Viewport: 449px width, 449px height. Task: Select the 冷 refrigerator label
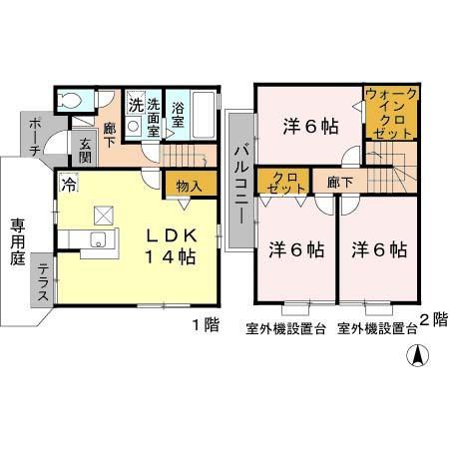pos(69,183)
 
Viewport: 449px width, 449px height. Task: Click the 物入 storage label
pos(189,186)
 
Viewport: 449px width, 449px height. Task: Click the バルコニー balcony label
pos(241,181)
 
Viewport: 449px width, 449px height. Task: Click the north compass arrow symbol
pos(419,354)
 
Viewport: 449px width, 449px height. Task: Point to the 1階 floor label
pos(205,325)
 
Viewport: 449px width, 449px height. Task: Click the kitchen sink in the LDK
pos(99,239)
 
